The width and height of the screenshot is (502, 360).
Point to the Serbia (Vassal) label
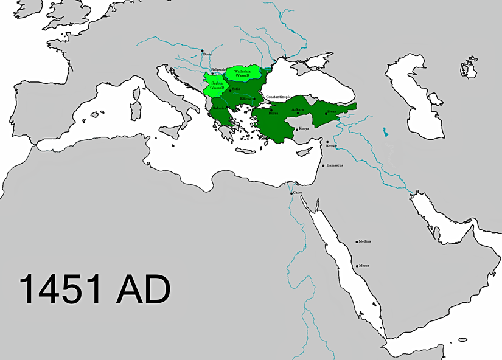tap(217, 86)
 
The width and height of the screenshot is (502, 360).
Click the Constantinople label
tap(277, 97)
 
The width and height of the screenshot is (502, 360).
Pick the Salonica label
tap(220, 108)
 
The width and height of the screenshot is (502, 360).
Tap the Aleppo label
tap(331, 146)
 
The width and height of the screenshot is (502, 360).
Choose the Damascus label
tap(335, 165)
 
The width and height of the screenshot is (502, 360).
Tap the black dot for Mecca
tap(357, 266)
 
